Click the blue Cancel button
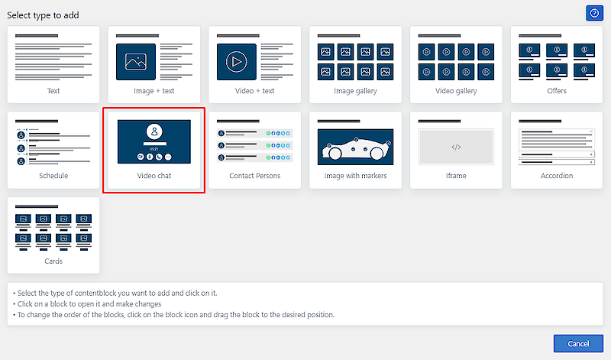tap(578, 344)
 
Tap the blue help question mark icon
tap(594, 13)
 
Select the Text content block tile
tap(53, 65)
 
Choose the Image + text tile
tap(154, 65)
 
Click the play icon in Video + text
tap(236, 62)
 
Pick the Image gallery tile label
tap(355, 91)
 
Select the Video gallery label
tap(456, 91)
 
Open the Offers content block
tap(557, 65)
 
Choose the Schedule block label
tap(53, 176)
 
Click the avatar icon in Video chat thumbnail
tap(154, 131)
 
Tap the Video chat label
tap(154, 176)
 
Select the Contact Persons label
tap(255, 176)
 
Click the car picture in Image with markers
tap(355, 147)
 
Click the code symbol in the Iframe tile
tap(456, 147)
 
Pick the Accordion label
tap(557, 176)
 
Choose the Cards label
tap(53, 261)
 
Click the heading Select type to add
tap(43, 15)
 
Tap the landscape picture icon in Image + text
tap(136, 62)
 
